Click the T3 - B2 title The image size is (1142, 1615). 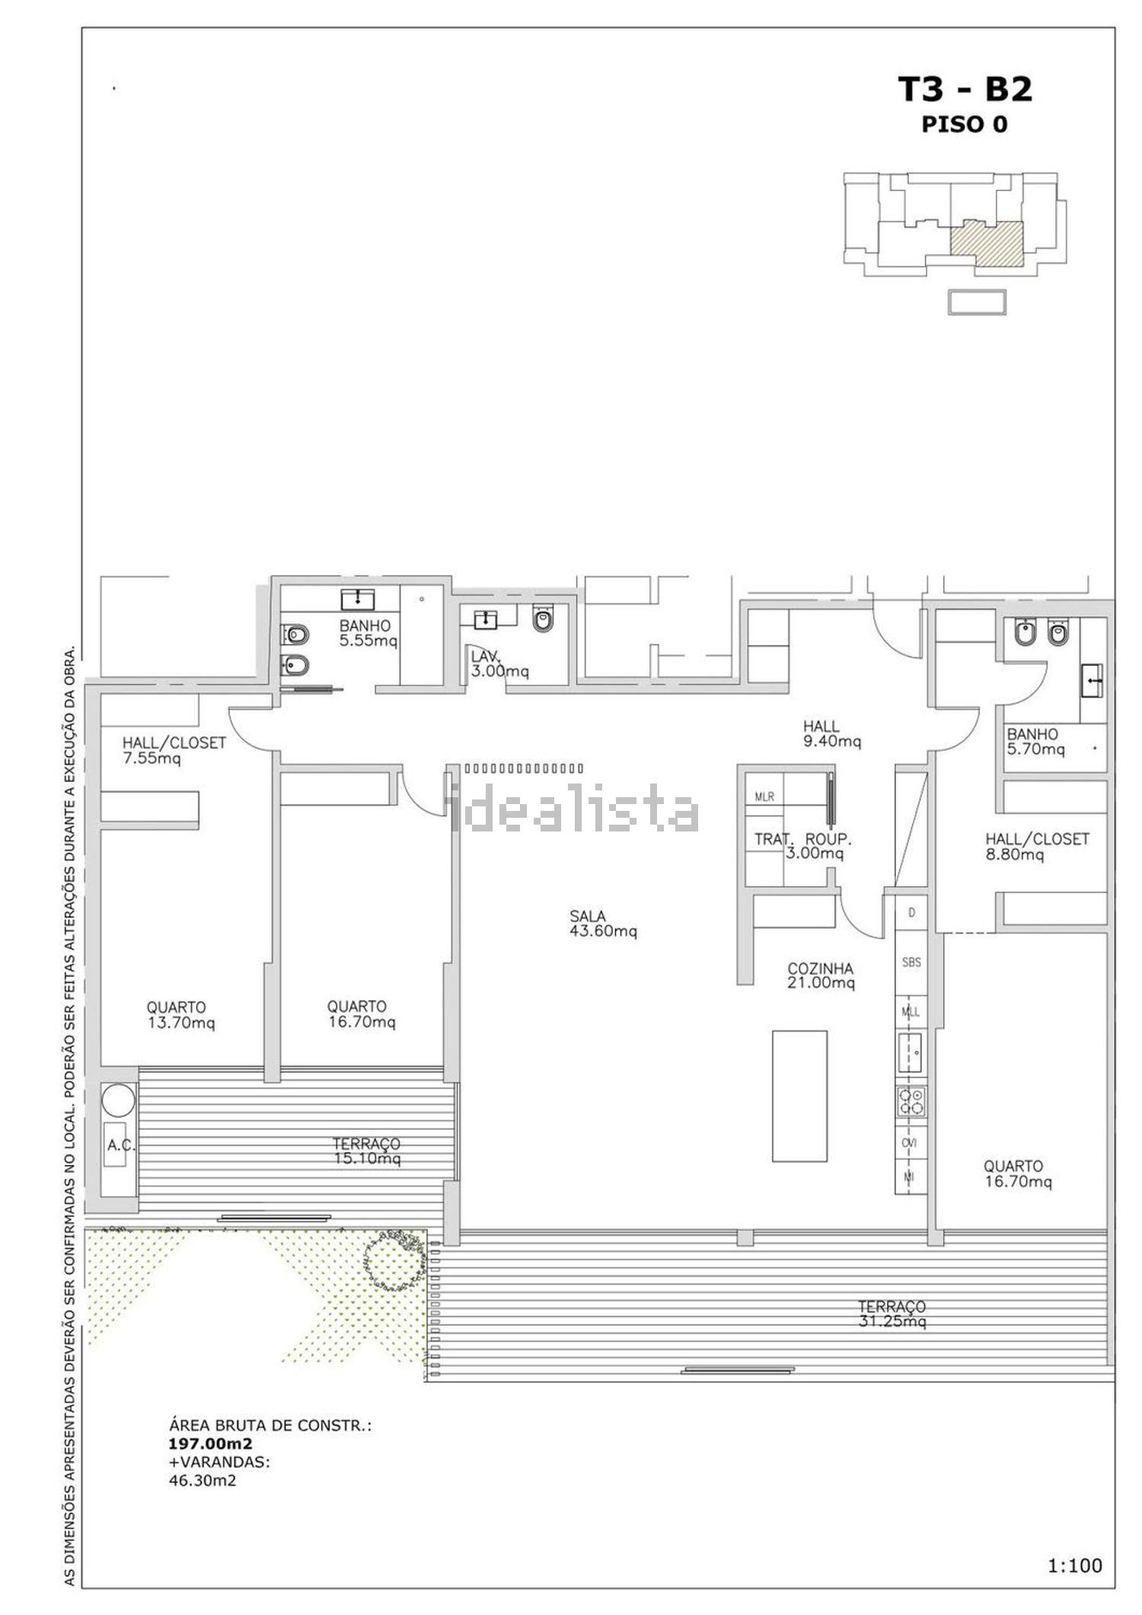click(x=966, y=89)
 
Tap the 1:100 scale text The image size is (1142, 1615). click(x=1075, y=1566)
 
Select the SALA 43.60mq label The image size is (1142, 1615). click(x=603, y=924)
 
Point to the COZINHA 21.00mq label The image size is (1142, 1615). click(x=821, y=975)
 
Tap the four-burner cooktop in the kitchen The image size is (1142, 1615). click(x=911, y=1102)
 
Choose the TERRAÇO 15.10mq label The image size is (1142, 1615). click(x=366, y=1151)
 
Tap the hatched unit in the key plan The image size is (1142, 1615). click(x=986, y=243)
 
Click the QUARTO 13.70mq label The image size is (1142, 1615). click(x=181, y=1015)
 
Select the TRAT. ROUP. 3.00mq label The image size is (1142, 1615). click(x=803, y=846)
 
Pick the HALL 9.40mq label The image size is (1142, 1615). click(x=832, y=733)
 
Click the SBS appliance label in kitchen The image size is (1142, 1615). click(x=911, y=962)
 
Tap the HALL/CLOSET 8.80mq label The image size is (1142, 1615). click(x=1037, y=847)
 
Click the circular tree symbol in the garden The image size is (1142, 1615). click(x=394, y=1259)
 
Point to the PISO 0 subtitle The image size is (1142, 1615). click(x=965, y=124)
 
